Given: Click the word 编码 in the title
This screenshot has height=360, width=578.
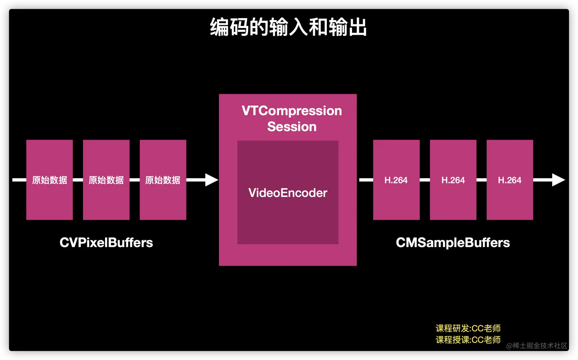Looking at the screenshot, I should coord(229,28).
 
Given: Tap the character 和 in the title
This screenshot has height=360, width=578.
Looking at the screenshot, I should coord(318,28).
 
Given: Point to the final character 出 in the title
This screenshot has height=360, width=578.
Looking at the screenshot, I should coord(358,28).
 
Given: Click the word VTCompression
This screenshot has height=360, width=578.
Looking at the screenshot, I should coord(292,111).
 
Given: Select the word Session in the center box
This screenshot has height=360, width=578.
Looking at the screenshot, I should coord(292,127).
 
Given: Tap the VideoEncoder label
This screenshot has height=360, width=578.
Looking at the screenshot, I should coord(288,193).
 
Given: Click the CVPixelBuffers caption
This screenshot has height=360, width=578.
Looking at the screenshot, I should coord(106,243).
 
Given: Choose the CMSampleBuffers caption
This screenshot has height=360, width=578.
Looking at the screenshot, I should coord(453,243).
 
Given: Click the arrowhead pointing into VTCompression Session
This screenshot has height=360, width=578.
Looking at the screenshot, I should coord(211,180).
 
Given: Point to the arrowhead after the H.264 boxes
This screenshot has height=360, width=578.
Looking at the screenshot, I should coord(558,180).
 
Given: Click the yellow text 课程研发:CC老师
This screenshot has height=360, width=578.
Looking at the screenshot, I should coord(468,328).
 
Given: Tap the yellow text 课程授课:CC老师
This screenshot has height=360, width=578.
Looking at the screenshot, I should coord(468,340).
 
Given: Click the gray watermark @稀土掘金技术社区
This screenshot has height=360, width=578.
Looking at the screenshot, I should coord(537,345).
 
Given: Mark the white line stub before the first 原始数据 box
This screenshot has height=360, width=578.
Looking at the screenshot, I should coord(19,180).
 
